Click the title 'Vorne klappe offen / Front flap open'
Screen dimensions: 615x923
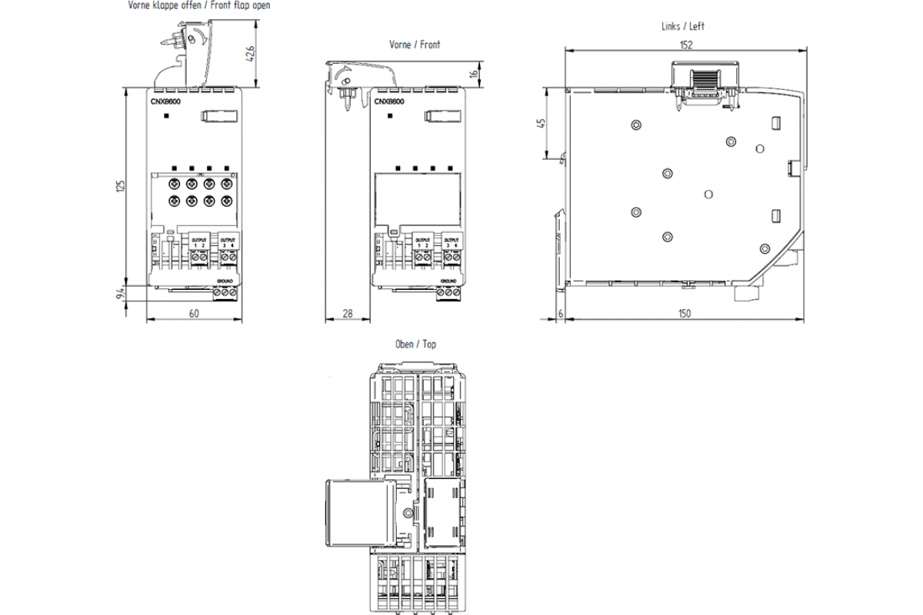point(198,5)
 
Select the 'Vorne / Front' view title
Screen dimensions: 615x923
point(415,45)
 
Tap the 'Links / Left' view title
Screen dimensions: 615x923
point(682,26)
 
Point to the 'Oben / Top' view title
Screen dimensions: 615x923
point(415,344)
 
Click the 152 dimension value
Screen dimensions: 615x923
point(685,45)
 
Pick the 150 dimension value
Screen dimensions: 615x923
point(684,313)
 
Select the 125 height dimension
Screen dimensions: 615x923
point(120,186)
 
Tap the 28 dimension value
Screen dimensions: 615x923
point(347,313)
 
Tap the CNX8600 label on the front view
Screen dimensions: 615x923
point(390,101)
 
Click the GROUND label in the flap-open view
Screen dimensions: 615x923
point(225,283)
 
